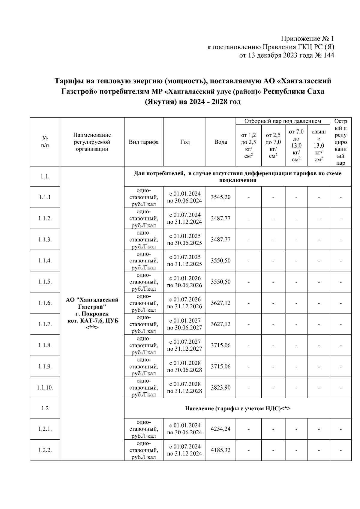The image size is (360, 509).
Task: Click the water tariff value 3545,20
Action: (x=220, y=197)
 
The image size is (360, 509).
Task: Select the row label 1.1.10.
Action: (x=45, y=388)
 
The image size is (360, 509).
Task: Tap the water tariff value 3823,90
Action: (x=220, y=388)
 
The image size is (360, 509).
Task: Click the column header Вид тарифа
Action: (x=144, y=142)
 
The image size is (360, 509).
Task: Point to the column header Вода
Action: (x=220, y=142)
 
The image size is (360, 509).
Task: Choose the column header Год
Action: (x=184, y=142)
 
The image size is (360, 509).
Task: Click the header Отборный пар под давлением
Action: (x=283, y=121)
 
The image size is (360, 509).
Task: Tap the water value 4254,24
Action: (x=220, y=429)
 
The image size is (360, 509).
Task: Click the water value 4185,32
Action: (x=220, y=450)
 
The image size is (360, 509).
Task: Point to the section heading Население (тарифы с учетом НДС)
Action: (x=238, y=408)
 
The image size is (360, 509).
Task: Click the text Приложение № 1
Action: (x=307, y=39)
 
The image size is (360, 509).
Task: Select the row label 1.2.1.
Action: (x=45, y=429)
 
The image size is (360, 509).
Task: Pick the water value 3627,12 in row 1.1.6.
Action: (x=220, y=303)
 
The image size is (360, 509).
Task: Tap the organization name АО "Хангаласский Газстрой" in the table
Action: (x=92, y=303)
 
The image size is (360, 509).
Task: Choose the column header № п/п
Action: (x=45, y=142)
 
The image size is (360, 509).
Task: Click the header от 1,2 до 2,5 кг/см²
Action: (x=248, y=145)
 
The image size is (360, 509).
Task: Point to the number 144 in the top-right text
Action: (x=329, y=55)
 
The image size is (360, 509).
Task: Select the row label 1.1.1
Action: (x=45, y=197)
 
